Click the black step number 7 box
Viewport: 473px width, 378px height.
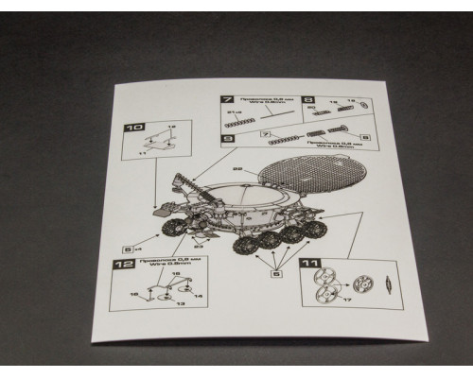[x=227, y=99]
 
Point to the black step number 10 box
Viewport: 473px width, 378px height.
[x=134, y=127]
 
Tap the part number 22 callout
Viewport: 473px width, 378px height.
[x=237, y=167]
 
